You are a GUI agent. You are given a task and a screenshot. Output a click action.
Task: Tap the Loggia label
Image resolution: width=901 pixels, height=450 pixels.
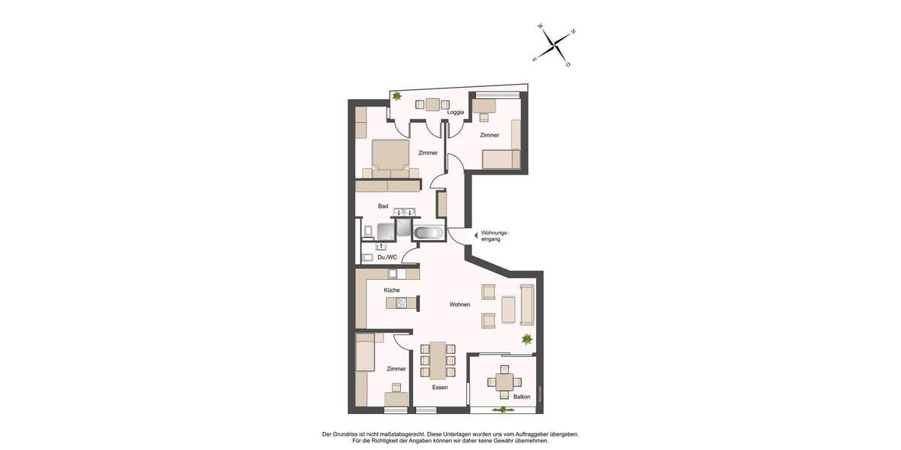pyautogui.click(x=455, y=112)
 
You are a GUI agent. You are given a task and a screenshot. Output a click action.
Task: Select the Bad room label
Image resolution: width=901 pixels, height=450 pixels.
pyautogui.click(x=383, y=205)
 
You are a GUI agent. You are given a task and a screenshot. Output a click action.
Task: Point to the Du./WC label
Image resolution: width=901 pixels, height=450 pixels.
pyautogui.click(x=387, y=257)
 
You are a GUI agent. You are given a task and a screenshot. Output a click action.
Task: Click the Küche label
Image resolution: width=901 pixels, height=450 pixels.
pyautogui.click(x=391, y=289)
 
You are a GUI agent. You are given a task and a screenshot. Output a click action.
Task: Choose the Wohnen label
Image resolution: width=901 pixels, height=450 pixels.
pyautogui.click(x=460, y=304)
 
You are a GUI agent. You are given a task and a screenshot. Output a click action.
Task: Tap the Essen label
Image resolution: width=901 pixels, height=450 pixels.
pyautogui.click(x=439, y=388)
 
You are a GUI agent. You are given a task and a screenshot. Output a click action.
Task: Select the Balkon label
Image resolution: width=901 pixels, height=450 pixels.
pyautogui.click(x=521, y=396)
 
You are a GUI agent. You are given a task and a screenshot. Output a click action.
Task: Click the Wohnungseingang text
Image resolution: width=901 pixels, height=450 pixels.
pyautogui.click(x=495, y=235)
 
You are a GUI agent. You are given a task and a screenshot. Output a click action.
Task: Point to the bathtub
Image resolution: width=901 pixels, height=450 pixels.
pyautogui.click(x=428, y=232)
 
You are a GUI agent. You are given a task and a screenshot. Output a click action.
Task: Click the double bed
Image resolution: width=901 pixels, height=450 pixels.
pyautogui.click(x=390, y=157)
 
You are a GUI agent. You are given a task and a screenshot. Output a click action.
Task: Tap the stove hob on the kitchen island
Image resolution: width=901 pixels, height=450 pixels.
pyautogui.click(x=401, y=303)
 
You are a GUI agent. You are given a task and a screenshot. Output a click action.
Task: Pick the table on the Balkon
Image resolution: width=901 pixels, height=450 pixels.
pyautogui.click(x=504, y=382)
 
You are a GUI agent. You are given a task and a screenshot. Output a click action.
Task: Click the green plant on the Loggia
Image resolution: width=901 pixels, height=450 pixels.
pyautogui.click(x=396, y=96)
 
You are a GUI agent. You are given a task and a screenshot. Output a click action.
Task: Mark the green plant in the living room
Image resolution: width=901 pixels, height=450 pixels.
pyautogui.click(x=527, y=339)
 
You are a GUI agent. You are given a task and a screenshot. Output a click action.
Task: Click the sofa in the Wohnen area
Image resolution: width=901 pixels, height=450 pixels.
pyautogui.click(x=526, y=305)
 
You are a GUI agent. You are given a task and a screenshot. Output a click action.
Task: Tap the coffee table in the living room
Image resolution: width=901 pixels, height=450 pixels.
pyautogui.click(x=508, y=308)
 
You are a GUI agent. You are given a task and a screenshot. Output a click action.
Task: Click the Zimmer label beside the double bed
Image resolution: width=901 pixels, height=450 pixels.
pyautogui.click(x=428, y=153)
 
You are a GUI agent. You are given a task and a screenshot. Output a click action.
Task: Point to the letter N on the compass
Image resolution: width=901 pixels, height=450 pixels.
pyautogui.click(x=573, y=31)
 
